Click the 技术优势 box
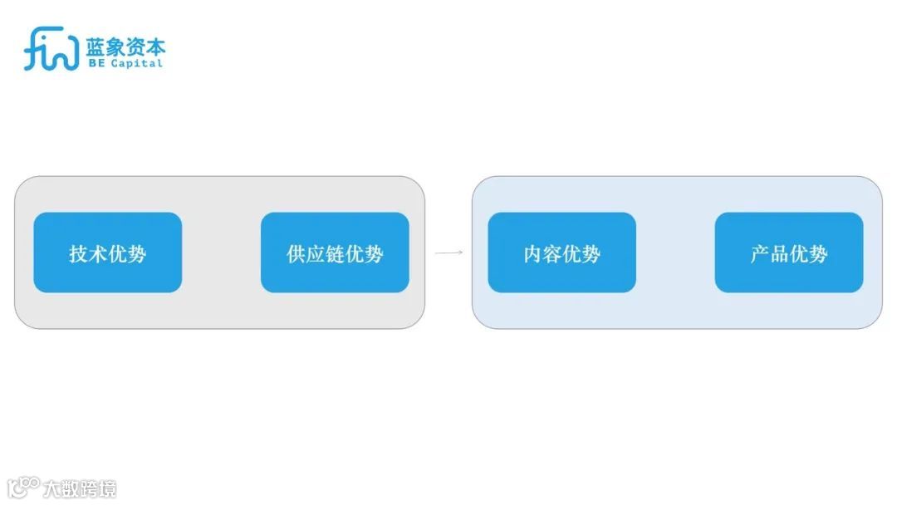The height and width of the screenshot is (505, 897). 107,252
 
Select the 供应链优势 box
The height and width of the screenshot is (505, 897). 335,252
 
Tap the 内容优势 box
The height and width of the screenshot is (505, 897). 561,252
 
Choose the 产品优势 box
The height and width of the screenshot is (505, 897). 789,252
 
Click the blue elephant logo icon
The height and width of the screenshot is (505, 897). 51,49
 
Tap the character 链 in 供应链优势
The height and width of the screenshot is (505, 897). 335,253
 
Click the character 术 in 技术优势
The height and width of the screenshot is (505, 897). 98,253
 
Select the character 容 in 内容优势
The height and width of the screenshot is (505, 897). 552,253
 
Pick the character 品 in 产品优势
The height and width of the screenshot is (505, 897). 779,253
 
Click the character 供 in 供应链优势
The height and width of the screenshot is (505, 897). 297,253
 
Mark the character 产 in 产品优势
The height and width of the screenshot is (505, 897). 760,253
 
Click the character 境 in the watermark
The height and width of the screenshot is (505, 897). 107,488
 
